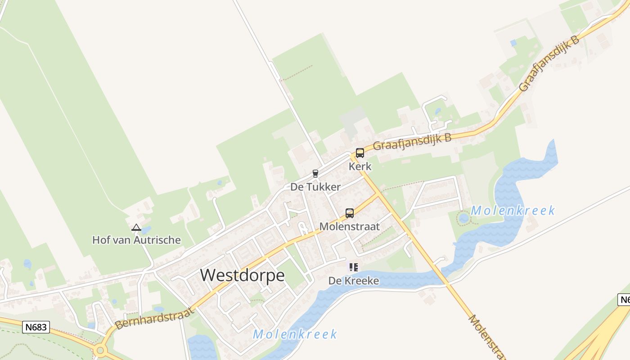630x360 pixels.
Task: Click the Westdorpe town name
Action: pos(242,275)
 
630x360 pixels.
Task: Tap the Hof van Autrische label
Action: pos(136,240)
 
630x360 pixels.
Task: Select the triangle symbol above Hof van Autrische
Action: pos(136,228)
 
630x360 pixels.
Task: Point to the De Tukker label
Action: pos(315,187)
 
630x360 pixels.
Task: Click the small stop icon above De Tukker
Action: pos(315,174)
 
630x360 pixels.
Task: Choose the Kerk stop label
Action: pos(360,166)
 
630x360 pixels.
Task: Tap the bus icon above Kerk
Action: pos(360,153)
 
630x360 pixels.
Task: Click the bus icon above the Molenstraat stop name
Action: pos(350,213)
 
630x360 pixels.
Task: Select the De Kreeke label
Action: pos(353,281)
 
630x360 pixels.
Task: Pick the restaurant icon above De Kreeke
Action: pos(354,267)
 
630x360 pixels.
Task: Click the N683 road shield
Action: pos(36,327)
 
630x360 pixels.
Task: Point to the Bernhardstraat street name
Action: pos(154,318)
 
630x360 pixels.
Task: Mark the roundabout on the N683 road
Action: pos(100,350)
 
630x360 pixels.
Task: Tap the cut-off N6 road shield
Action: pos(624,300)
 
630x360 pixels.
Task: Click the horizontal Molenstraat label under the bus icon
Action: pos(350,226)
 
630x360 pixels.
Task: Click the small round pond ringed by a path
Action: pos(463,219)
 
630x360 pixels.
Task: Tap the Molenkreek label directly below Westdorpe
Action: pos(295,334)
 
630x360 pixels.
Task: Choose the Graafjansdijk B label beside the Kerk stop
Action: pos(412,142)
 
